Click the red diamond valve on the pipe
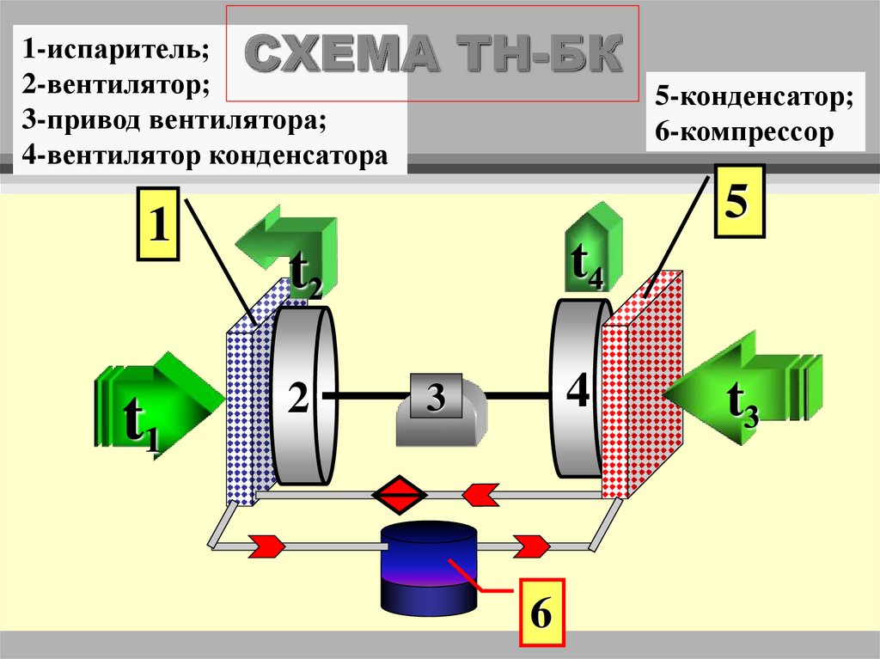tap(400, 494)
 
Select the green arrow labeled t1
tap(159, 404)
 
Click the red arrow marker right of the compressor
tap(531, 545)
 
